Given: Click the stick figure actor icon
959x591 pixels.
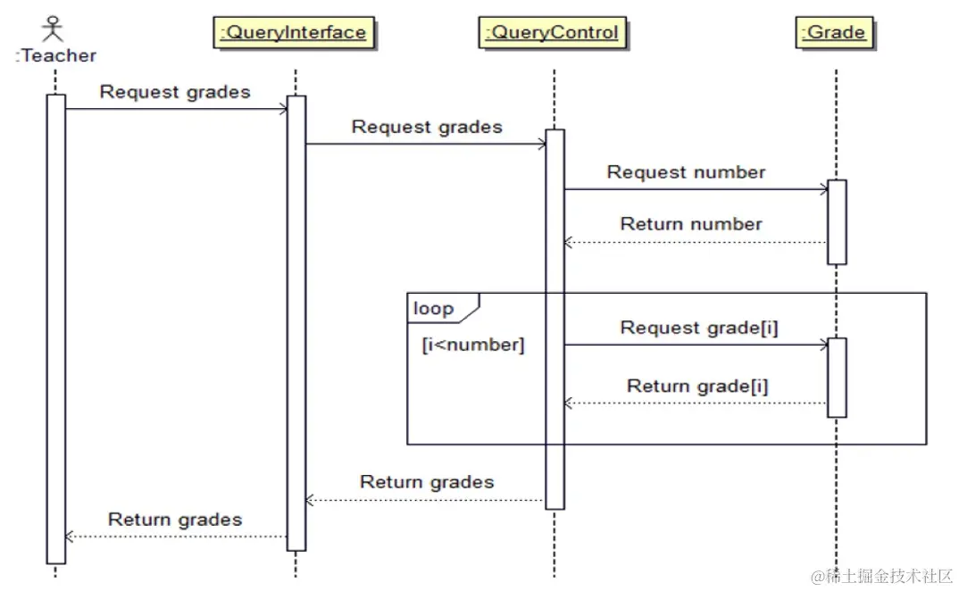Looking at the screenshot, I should [x=55, y=26].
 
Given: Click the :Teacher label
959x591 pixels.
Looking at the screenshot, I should [x=55, y=55].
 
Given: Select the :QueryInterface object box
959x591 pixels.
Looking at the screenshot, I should [x=294, y=33].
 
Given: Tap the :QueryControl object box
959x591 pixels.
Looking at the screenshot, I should [x=552, y=33].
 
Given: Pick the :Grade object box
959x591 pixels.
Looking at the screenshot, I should [x=835, y=33].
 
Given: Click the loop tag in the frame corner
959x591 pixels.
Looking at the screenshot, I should [x=435, y=309].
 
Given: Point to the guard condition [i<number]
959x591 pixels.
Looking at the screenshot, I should [x=473, y=345].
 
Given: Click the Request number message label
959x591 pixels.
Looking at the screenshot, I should [x=686, y=172].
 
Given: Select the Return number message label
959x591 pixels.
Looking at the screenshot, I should [x=691, y=224].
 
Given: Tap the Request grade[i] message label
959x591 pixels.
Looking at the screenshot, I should [x=699, y=328].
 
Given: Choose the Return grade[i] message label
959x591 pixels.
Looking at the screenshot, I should [x=697, y=387].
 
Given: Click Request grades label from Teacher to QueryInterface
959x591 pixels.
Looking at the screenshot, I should [x=175, y=92].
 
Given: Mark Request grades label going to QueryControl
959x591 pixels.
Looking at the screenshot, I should [x=427, y=127].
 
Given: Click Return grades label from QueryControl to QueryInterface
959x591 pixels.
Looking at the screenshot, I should [x=427, y=482].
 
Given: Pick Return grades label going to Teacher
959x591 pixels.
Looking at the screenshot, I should [x=175, y=520].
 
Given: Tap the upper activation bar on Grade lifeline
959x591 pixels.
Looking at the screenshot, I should [x=837, y=221].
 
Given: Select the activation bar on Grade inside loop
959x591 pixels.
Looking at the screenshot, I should [x=837, y=377].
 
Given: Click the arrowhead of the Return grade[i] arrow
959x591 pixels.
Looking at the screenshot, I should [x=569, y=404].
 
